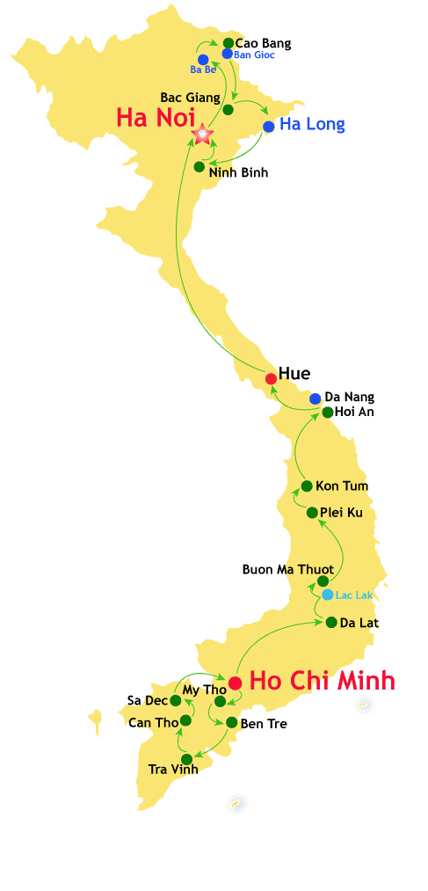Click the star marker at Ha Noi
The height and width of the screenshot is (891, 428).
[203, 134]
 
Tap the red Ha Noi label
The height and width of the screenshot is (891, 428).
[153, 118]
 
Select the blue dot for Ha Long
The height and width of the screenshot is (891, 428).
[269, 127]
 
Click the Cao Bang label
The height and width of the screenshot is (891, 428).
[263, 42]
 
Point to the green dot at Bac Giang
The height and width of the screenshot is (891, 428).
[229, 110]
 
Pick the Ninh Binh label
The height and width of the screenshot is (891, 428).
[238, 172]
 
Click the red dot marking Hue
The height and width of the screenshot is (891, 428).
[271, 379]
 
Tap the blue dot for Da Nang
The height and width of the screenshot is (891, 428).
[316, 398]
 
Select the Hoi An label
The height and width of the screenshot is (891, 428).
[355, 411]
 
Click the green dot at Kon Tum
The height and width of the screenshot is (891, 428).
[307, 486]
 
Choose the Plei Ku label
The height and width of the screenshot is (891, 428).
[341, 512]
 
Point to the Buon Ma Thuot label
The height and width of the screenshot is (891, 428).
[287, 569]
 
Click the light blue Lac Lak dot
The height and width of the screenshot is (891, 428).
[328, 595]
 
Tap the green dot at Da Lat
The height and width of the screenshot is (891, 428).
[331, 622]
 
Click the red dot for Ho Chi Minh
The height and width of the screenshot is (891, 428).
[235, 683]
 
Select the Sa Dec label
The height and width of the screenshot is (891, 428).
[146, 700]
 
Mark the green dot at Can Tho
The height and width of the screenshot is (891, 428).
[186, 720]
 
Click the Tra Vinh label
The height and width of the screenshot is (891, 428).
[173, 769]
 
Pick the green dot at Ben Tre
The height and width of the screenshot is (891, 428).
[231, 722]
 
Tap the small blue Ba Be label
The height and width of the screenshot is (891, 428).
[203, 69]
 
